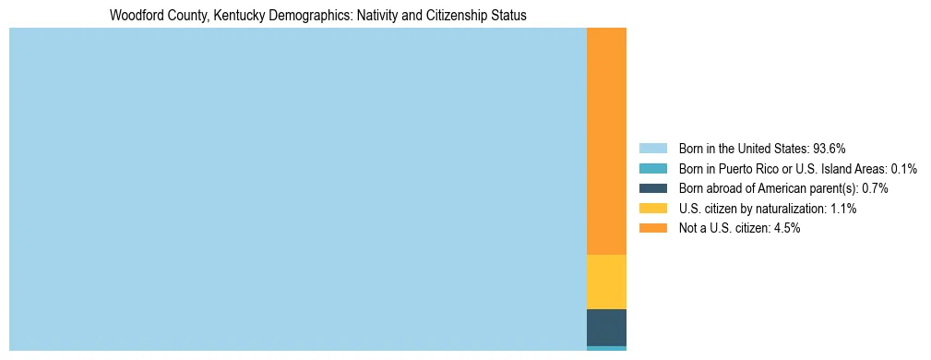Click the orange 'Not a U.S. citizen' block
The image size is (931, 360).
606,141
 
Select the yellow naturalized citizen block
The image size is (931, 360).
606,282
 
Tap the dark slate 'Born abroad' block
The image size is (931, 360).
606,327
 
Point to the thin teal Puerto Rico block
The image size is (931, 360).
606,348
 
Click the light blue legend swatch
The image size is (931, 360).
652,148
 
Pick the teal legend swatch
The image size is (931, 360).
652,168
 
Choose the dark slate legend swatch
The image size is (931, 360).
652,188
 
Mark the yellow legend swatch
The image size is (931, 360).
652,209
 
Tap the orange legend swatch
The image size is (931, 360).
652,228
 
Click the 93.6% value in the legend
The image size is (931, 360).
829,148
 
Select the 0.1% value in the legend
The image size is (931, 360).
903,168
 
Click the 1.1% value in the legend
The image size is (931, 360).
843,209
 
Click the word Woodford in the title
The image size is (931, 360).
135,16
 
